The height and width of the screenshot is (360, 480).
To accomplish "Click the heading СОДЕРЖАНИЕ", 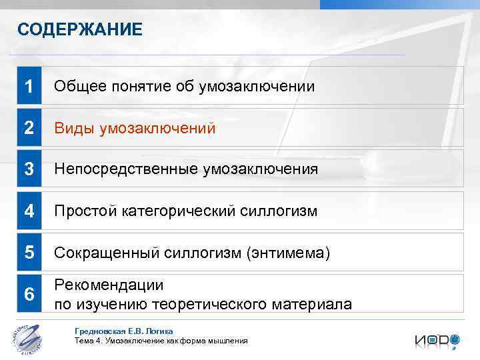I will point(79,29).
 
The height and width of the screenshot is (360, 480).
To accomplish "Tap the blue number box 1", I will point(29,86).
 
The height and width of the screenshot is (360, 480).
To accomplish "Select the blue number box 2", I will point(29,128).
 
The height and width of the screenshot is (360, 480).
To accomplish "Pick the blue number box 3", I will point(29,169).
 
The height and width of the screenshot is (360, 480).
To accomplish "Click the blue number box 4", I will point(29,211).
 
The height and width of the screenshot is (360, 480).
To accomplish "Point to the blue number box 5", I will point(29,253).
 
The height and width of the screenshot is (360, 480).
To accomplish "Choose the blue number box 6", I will point(29,294).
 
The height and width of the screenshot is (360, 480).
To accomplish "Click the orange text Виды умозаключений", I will point(135,128).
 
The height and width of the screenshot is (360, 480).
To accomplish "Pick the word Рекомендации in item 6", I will point(109,285).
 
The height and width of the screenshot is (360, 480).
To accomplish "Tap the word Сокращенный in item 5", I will point(107,253).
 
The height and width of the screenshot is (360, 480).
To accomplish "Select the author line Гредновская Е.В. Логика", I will point(124,331).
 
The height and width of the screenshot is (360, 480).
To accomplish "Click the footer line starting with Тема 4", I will point(161,341).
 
